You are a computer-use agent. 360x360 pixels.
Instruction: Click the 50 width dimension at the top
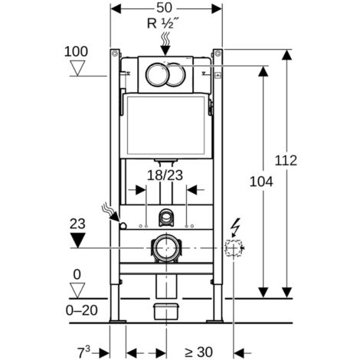pyautogui.click(x=164, y=8)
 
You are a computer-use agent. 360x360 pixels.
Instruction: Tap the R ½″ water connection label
pyautogui.click(x=162, y=24)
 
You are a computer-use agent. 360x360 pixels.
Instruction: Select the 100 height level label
pyautogui.click(x=76, y=51)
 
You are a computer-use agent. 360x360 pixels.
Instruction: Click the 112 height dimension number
pyautogui.click(x=286, y=161)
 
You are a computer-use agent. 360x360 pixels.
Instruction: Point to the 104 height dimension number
pyautogui.click(x=261, y=182)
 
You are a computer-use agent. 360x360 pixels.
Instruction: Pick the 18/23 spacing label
pyautogui.click(x=165, y=175)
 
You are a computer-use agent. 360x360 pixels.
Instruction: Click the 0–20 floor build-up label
pyautogui.click(x=82, y=310)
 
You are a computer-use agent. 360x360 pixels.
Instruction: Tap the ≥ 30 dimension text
pyautogui.click(x=198, y=352)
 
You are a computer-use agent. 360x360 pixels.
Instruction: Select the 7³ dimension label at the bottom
pyautogui.click(x=84, y=352)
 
